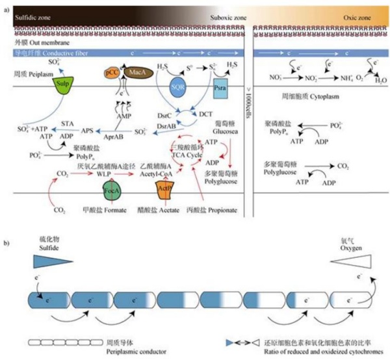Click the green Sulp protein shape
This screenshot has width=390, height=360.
click(x=62, y=84)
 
